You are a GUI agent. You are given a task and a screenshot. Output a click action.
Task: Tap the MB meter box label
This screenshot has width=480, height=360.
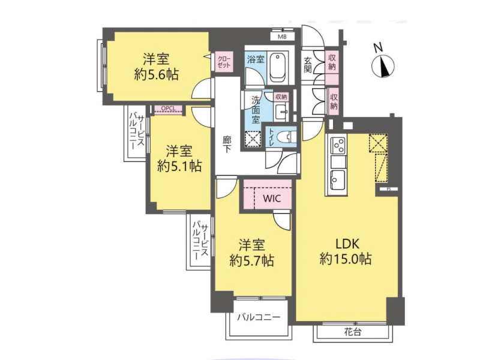(x=282, y=37)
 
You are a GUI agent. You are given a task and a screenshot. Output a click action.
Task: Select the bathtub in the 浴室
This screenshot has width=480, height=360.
(x=278, y=68)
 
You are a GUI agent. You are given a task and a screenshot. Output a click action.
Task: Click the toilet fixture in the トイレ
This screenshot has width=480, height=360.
(x=286, y=137)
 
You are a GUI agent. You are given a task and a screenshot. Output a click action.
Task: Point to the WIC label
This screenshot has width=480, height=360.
(x=272, y=199)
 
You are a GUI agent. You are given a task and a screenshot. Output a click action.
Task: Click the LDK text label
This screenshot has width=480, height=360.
(x=347, y=244)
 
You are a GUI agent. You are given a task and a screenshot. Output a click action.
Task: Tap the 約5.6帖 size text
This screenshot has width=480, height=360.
(x=157, y=74)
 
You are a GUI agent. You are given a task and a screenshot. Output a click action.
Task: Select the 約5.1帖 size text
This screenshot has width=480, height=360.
(x=179, y=166)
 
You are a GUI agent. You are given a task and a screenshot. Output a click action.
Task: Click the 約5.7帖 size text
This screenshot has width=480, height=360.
(x=251, y=260)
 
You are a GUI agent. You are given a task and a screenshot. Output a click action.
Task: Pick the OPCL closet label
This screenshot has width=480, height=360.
(x=168, y=109)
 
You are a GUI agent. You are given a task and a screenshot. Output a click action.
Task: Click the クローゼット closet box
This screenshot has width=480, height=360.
(x=224, y=62)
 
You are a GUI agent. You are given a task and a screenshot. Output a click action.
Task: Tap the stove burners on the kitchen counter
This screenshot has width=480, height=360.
(x=338, y=145)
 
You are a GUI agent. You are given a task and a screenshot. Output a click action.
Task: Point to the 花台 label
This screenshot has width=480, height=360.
(x=352, y=332)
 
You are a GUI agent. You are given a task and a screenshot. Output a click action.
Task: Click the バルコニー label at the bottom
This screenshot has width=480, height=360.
(x=259, y=317)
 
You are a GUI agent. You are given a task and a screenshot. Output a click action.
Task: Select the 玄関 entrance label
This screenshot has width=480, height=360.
(x=307, y=65)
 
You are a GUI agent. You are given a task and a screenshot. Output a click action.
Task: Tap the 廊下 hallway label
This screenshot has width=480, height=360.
(x=227, y=145)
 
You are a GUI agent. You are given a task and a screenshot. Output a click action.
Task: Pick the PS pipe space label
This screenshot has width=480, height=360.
(x=389, y=189)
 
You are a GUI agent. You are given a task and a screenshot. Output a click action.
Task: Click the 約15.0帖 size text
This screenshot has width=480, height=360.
(x=346, y=259)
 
